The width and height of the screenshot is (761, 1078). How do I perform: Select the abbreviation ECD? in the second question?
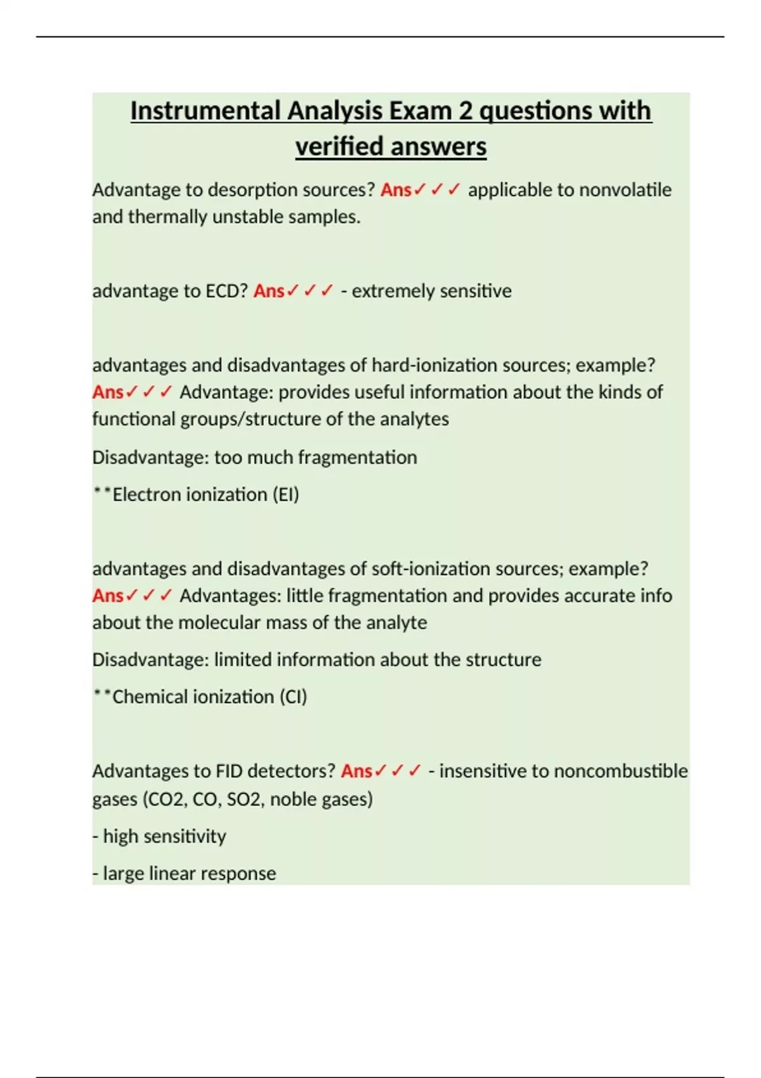(x=226, y=291)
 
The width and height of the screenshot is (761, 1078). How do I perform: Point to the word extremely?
(x=382, y=291)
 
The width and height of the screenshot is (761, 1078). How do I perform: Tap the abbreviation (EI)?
(x=286, y=495)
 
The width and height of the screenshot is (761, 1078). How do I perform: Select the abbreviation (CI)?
(x=293, y=697)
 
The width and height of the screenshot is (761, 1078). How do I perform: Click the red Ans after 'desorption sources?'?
(x=396, y=190)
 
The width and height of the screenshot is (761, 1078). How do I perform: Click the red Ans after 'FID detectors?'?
(x=356, y=771)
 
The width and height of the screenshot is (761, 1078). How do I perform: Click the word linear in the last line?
(x=178, y=873)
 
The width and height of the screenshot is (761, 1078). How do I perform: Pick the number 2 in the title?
(x=465, y=111)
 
